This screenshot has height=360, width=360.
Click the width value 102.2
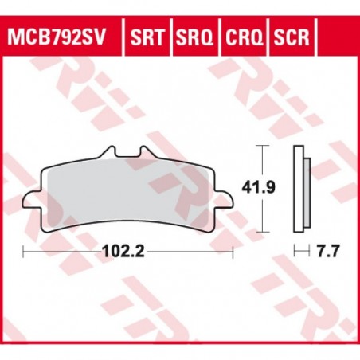click(x=128, y=253)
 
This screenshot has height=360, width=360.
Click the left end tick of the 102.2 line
click(x=25, y=253)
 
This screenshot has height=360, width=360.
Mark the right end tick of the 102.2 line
click(x=232, y=253)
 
